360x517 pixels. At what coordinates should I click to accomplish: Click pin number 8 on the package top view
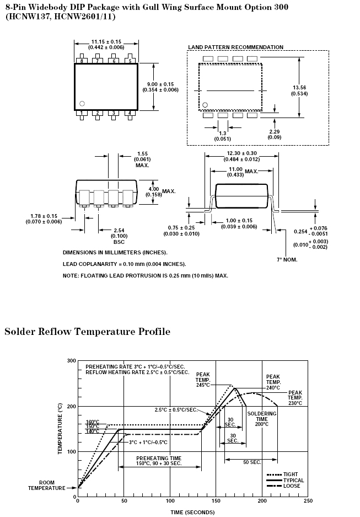pyautogui.click(x=82, y=61)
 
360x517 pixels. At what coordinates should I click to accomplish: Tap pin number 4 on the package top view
pyautogui.click(x=130, y=113)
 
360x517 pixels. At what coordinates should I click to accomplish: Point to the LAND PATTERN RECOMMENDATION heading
pyautogui.click(x=236, y=47)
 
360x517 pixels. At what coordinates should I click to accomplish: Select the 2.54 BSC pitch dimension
pyautogui.click(x=119, y=233)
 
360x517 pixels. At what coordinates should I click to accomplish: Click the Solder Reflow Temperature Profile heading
pyautogui.click(x=87, y=332)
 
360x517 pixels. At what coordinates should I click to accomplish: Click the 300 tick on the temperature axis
pyautogui.click(x=71, y=361)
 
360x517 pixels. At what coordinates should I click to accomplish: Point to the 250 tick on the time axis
pyautogui.click(x=308, y=501)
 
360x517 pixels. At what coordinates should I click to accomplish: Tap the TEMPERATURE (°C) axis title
pyautogui.click(x=61, y=429)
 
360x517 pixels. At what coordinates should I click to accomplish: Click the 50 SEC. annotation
pyautogui.click(x=252, y=462)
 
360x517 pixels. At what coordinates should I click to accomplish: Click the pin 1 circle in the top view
pyautogui.click(x=82, y=103)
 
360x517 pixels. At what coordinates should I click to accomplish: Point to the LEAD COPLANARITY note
pyautogui.click(x=124, y=264)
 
